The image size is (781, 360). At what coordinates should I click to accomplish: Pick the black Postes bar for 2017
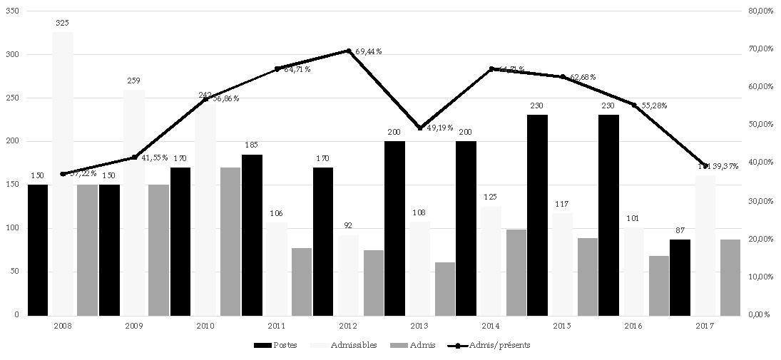[680, 277]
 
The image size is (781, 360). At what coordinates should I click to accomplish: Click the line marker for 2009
[134, 158]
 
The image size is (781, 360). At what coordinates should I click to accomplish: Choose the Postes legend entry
[275, 345]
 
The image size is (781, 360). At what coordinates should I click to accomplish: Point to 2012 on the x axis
[348, 325]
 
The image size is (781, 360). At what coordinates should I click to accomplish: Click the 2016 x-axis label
[633, 325]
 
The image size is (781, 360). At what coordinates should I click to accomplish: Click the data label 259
[133, 81]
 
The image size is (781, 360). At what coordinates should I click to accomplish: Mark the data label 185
[252, 145]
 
